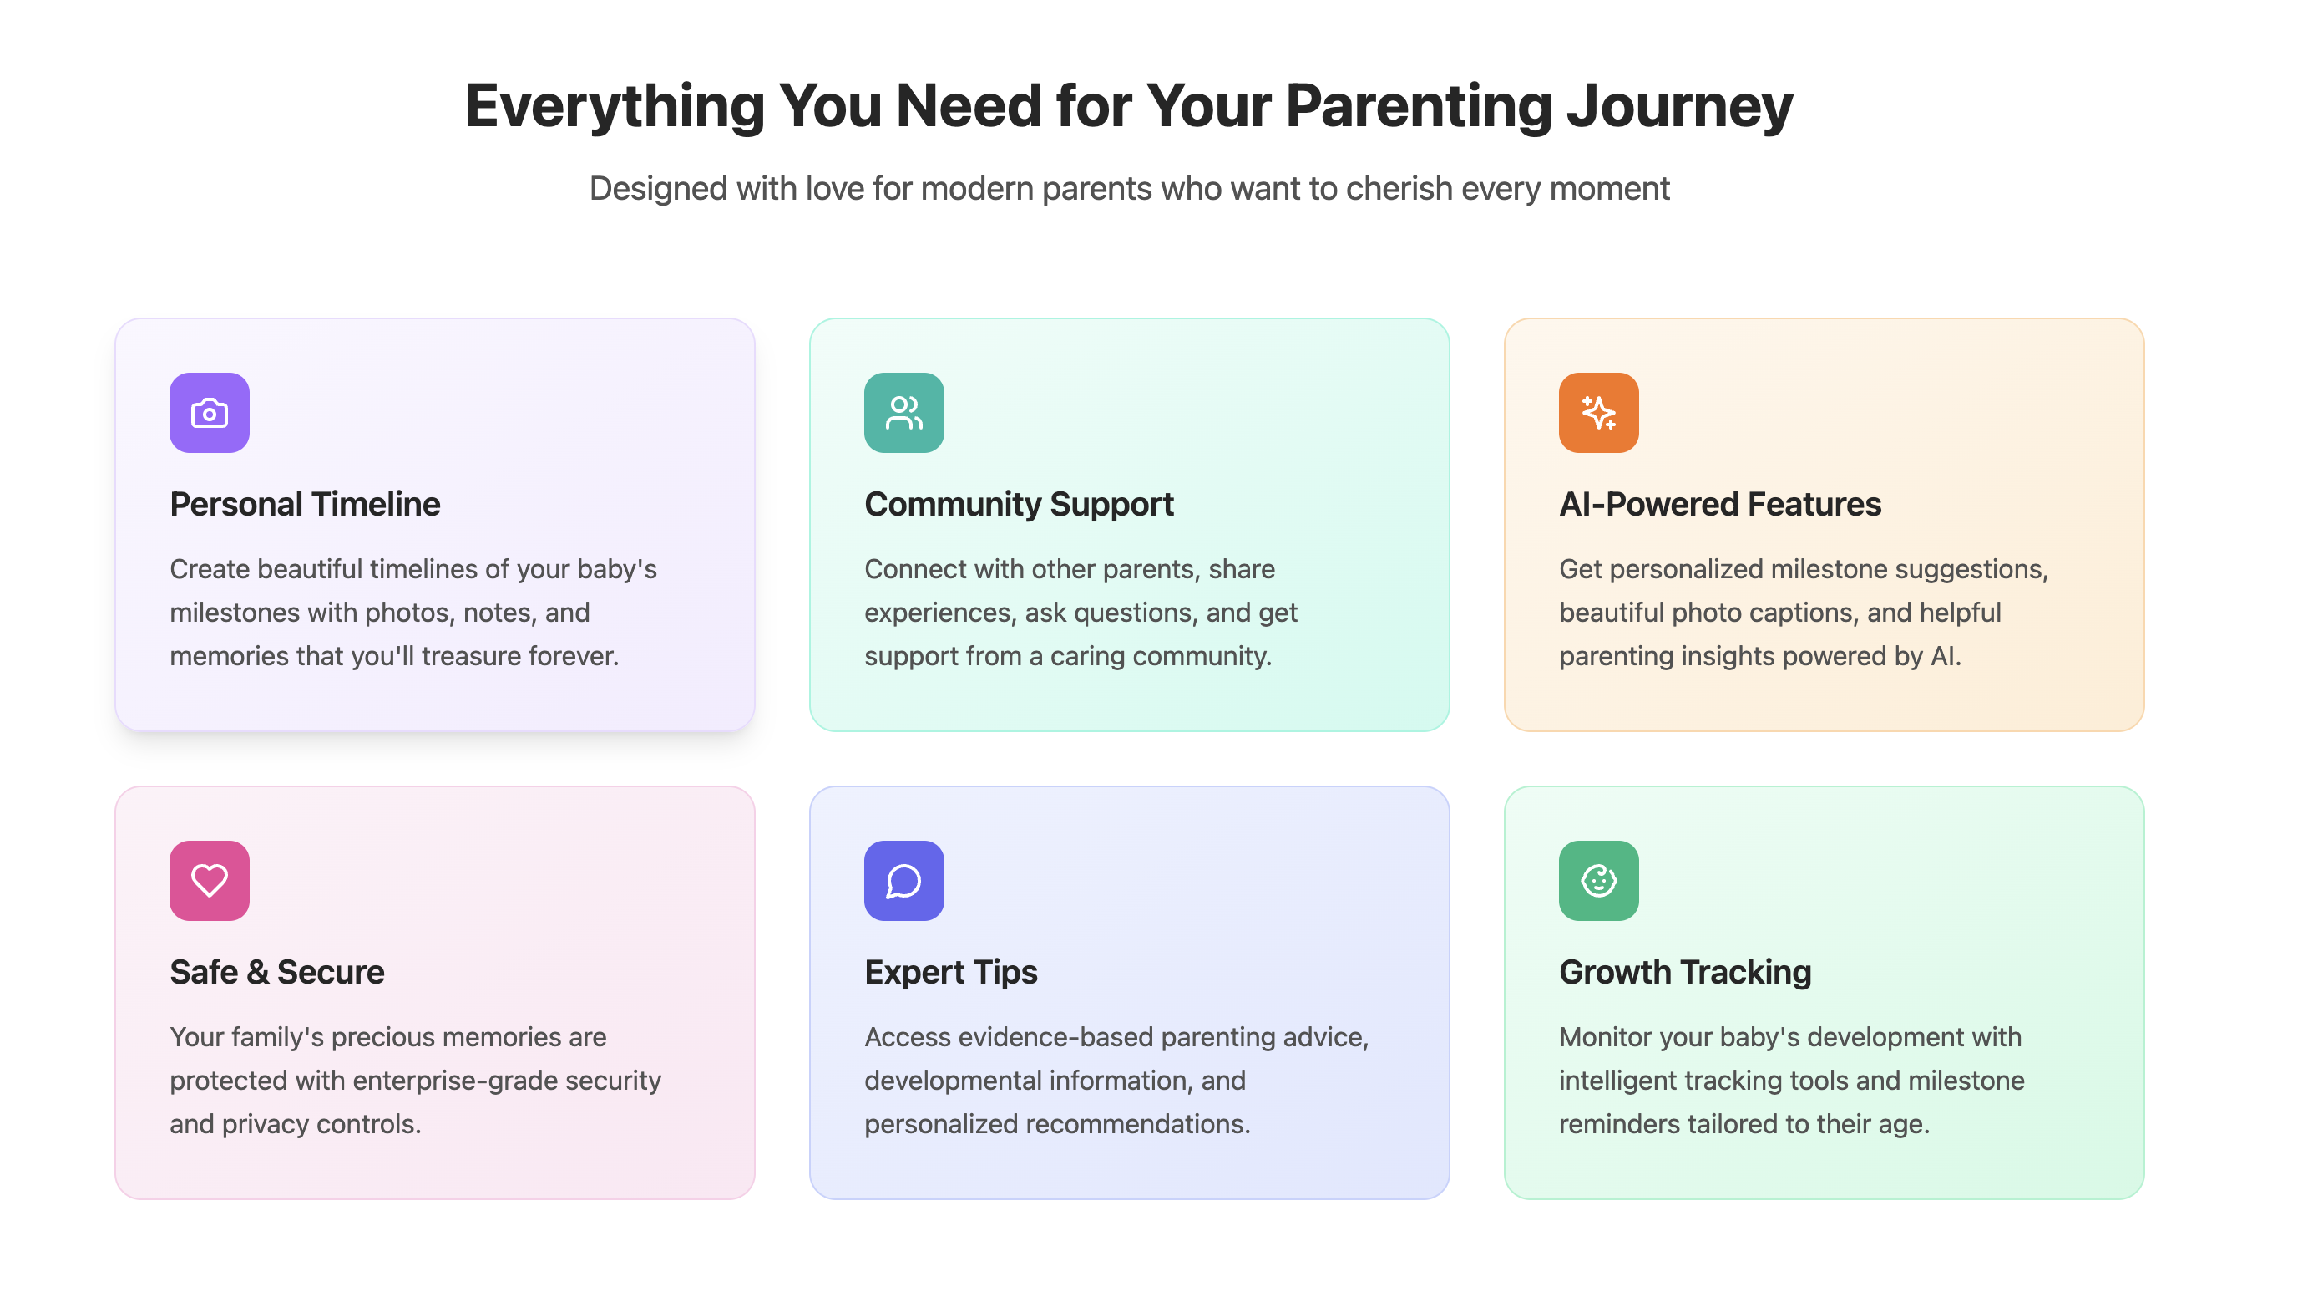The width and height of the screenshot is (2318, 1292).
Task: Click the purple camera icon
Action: click(x=210, y=412)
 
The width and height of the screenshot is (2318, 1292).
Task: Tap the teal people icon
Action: click(x=904, y=412)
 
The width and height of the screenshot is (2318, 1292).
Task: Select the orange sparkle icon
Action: click(x=1599, y=412)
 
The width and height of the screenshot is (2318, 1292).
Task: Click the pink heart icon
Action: click(x=210, y=881)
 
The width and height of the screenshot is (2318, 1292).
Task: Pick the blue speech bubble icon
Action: click(x=904, y=881)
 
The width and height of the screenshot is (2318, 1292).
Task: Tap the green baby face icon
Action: click(x=1599, y=881)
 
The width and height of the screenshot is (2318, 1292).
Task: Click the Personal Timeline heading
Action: click(x=305, y=504)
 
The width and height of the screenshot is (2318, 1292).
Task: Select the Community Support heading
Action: click(x=1019, y=505)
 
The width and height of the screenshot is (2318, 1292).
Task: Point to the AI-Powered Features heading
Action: click(x=1719, y=504)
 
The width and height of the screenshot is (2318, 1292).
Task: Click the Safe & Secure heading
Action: click(x=277, y=973)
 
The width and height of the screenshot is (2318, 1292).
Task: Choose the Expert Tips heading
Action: click(x=950, y=974)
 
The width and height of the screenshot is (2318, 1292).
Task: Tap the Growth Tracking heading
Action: click(x=1684, y=974)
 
